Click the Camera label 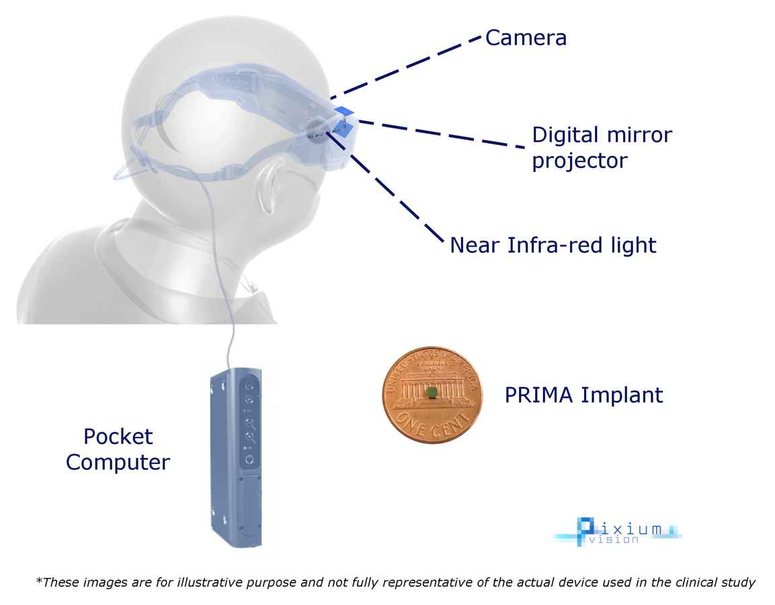point(526,38)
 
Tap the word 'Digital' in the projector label point(565,135)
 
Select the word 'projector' point(579,161)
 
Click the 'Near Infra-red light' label point(553,245)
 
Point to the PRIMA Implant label point(583,395)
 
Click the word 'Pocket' point(118,436)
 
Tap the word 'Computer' point(118,462)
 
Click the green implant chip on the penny point(432,393)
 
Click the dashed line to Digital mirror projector point(442,134)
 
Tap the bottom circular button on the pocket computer point(249,460)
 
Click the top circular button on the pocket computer point(250,386)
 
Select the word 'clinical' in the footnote point(698,582)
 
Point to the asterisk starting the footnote point(38,579)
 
